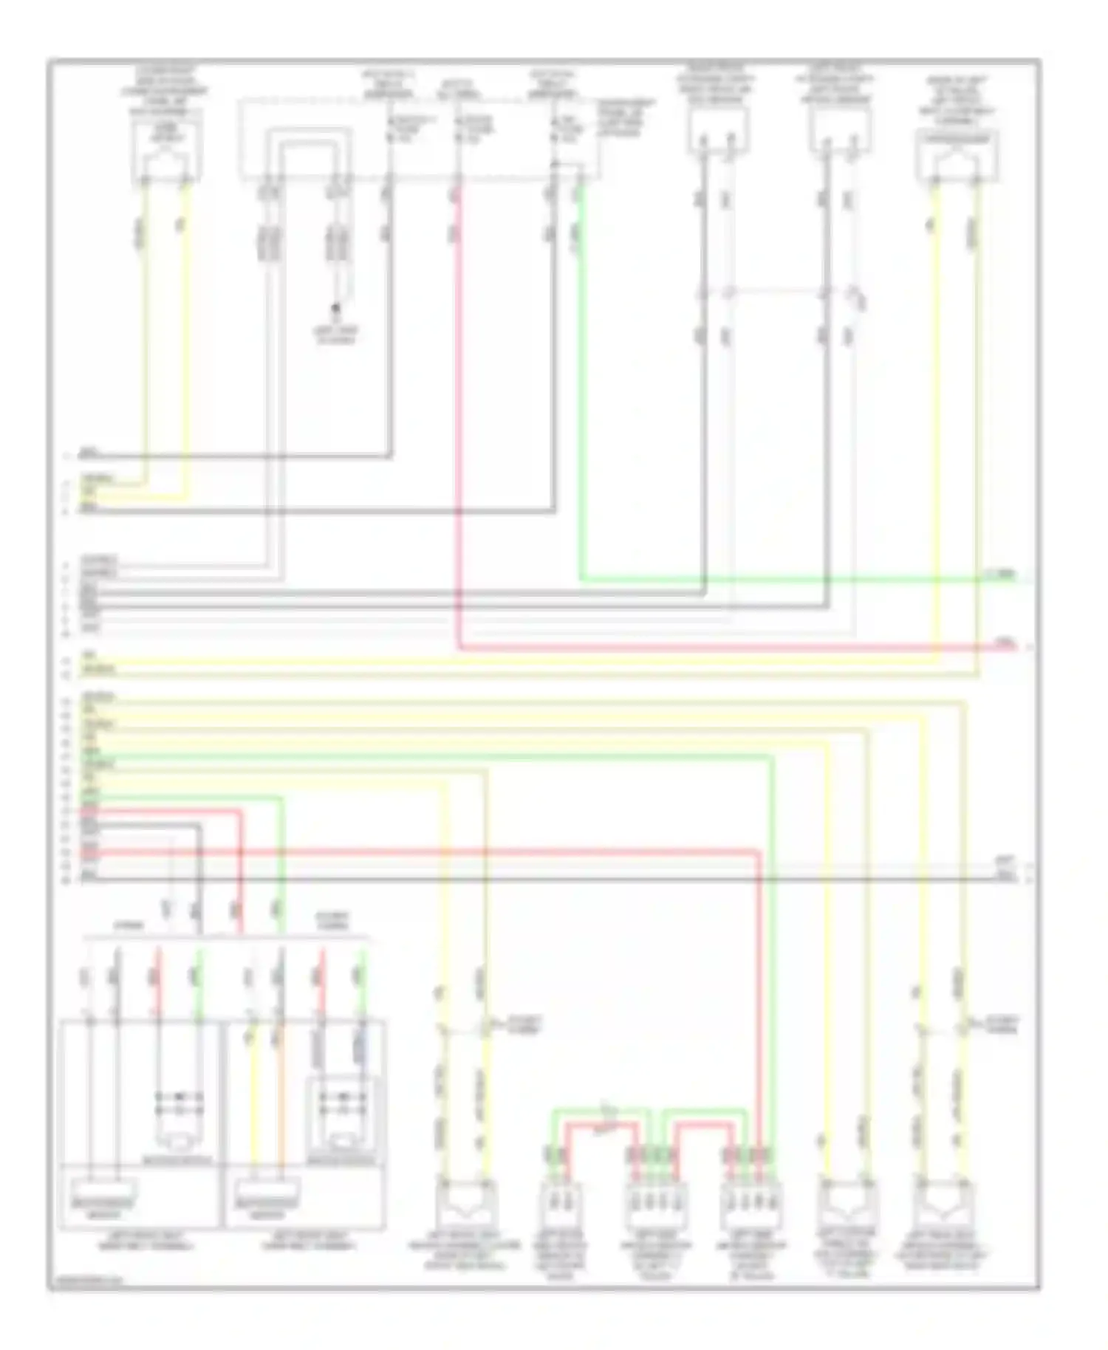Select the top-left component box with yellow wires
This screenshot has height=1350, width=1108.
coord(165,151)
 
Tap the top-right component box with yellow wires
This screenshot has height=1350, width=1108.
coord(957,154)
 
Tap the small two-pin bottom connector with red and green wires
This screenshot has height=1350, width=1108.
coord(560,1202)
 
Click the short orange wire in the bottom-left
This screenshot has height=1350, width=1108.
coord(281,1100)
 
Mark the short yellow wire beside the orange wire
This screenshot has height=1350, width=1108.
coord(253,1100)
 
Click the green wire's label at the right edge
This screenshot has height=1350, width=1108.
coord(1004,574)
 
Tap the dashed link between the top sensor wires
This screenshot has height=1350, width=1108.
coord(776,290)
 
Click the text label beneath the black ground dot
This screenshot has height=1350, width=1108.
coord(337,337)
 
